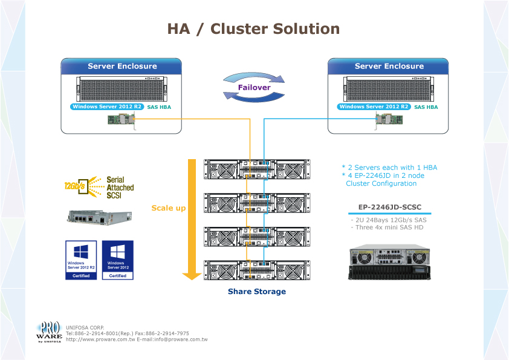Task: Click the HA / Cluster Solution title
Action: click(253, 28)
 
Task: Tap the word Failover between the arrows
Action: click(254, 88)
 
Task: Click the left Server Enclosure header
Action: click(122, 67)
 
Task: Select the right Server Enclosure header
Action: click(389, 67)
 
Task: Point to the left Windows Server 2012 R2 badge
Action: click(106, 107)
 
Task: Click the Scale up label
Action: click(168, 208)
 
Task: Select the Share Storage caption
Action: click(256, 292)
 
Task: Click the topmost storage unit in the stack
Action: click(257, 170)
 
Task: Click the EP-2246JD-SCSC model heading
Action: click(390, 208)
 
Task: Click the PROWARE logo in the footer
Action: click(49, 332)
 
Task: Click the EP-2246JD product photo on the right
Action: click(390, 262)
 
